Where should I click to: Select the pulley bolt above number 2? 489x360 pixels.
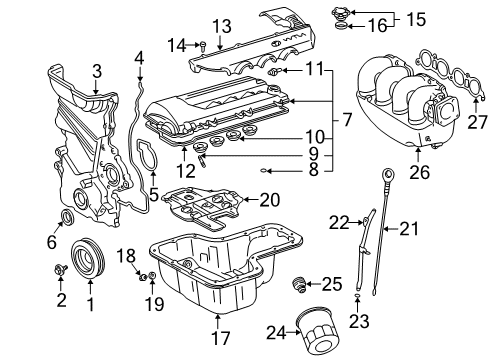[x=61, y=269]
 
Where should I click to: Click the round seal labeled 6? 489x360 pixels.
[x=68, y=217]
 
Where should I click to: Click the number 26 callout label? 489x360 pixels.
[x=419, y=172]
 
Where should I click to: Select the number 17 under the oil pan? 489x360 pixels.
[x=221, y=337]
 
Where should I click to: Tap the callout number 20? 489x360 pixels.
[x=270, y=200]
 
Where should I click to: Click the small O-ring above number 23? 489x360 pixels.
[x=357, y=296]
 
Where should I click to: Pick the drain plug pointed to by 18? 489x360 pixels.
[x=143, y=277]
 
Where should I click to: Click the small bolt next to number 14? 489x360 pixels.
[x=203, y=46]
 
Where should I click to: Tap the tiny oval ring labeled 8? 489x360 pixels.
[x=263, y=171]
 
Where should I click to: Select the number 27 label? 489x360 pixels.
[x=477, y=122]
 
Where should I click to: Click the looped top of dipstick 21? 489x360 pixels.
[x=388, y=174]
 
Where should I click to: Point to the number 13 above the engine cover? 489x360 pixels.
[x=222, y=26]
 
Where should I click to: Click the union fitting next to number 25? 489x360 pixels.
[x=298, y=284]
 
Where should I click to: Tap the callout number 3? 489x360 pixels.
[x=96, y=71]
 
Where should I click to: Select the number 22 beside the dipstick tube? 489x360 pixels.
[x=339, y=223]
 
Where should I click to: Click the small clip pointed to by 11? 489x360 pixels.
[x=274, y=71]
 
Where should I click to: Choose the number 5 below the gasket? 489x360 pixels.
[x=154, y=195]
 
